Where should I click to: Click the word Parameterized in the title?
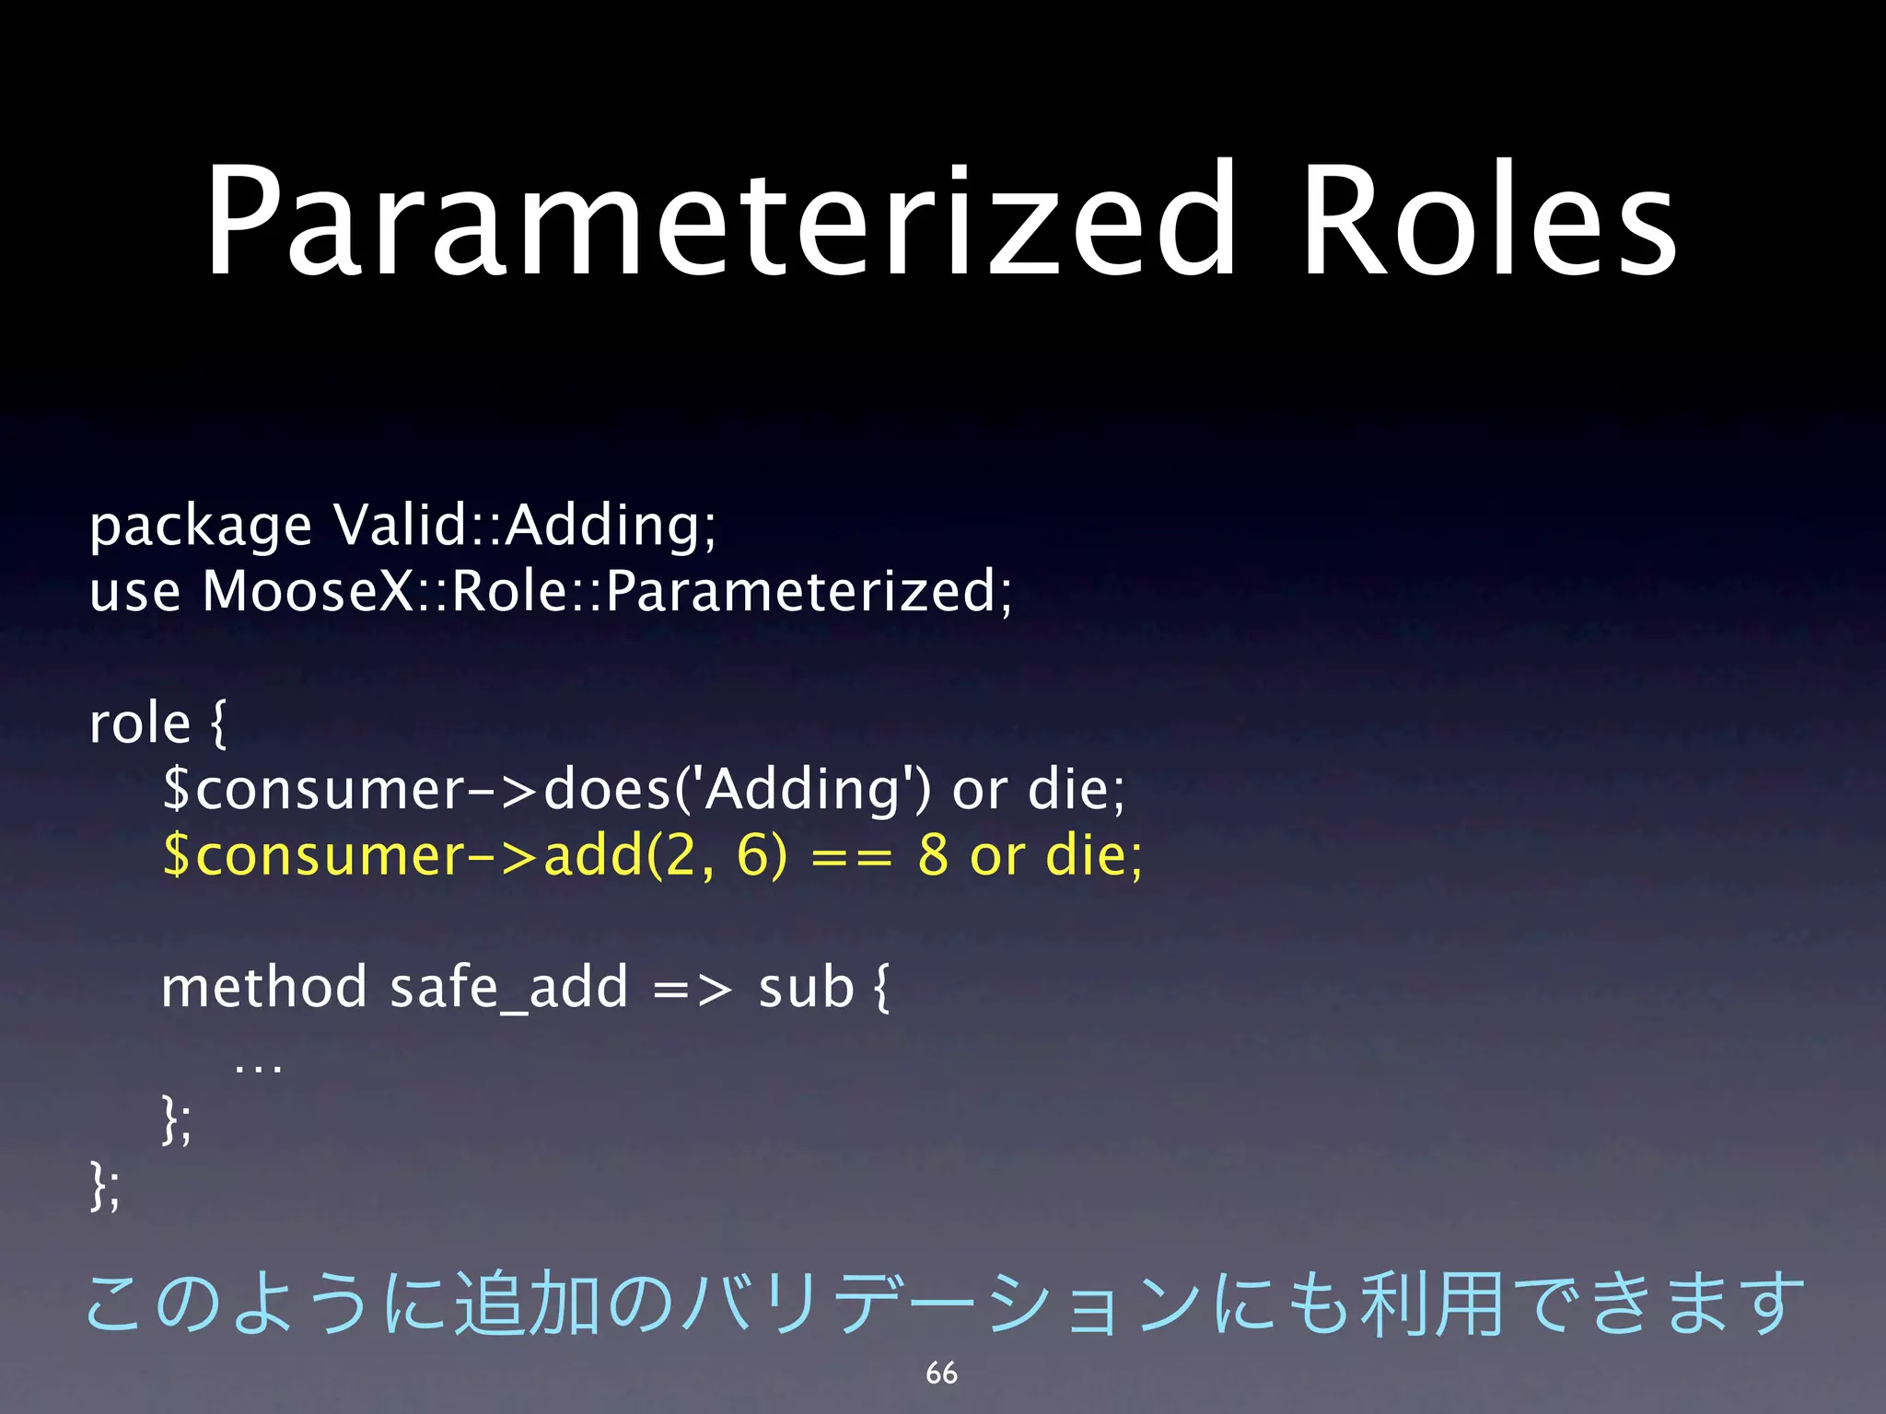(718, 221)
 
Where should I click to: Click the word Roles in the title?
(1489, 221)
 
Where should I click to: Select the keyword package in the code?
(200, 527)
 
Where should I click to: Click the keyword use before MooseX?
(134, 591)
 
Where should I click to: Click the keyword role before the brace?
(140, 724)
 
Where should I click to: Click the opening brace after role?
(217, 724)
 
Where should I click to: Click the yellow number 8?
(932, 856)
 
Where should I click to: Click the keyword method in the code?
(264, 988)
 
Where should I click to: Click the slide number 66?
(941, 1373)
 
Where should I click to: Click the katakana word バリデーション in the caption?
(939, 1304)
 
